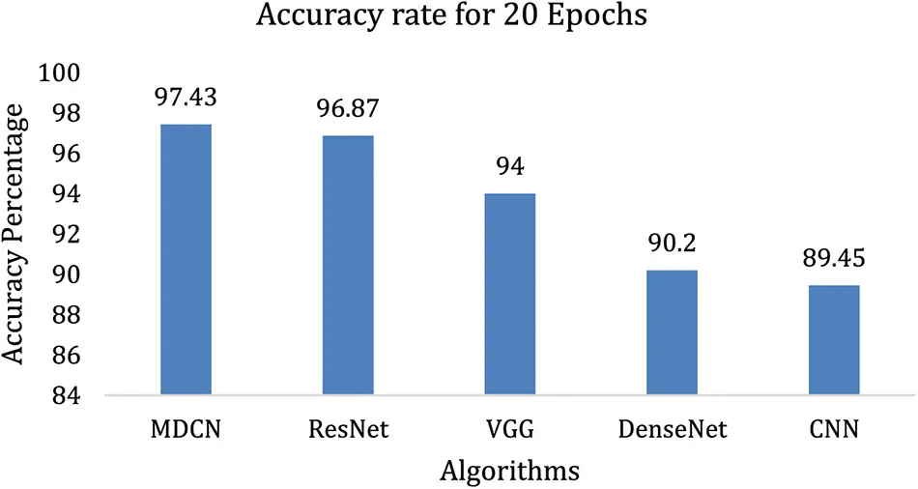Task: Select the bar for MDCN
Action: pyautogui.click(x=186, y=260)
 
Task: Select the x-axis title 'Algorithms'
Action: pyautogui.click(x=509, y=471)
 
